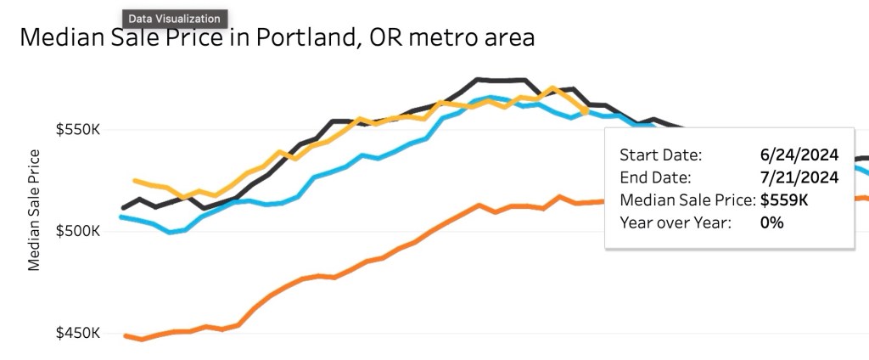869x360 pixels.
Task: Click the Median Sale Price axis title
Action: coord(34,210)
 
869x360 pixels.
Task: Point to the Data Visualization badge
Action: coord(175,18)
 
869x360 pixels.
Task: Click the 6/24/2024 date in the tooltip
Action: coord(799,155)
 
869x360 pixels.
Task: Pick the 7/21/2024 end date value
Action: coord(799,177)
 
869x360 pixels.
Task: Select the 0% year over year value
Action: coord(772,222)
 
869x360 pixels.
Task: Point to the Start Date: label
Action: coord(661,155)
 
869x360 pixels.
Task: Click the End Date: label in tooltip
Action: coord(656,177)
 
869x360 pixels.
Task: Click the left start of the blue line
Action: coord(121,217)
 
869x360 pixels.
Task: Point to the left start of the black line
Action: coord(124,208)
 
